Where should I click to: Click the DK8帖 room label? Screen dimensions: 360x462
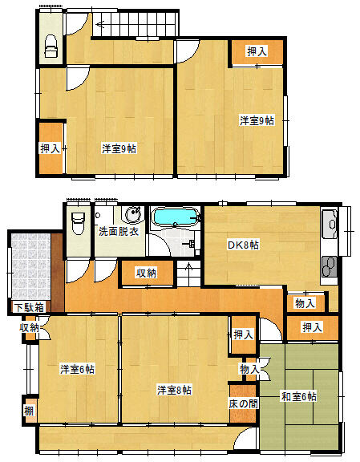[243, 245]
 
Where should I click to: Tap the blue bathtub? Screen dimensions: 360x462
[176, 217]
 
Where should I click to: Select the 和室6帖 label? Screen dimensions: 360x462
[299, 396]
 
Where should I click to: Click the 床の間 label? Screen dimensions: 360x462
[243, 403]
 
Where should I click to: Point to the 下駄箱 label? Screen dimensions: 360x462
[30, 307]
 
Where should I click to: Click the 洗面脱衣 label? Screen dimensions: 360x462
[119, 232]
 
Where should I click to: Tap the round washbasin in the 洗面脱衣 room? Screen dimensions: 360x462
[134, 213]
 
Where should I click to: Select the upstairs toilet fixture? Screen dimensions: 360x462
[51, 46]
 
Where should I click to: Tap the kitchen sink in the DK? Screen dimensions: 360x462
[330, 225]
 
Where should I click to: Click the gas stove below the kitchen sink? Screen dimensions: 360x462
[330, 266]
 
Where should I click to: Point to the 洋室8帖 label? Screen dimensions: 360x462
[174, 390]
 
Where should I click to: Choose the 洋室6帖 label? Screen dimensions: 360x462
[77, 369]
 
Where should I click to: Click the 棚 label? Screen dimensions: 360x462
[29, 411]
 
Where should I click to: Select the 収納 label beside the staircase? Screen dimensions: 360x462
[147, 273]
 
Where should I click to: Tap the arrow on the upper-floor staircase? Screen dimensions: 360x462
[101, 25]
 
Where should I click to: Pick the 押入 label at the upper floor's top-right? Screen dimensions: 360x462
[257, 51]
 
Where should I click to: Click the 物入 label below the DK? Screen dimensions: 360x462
[305, 303]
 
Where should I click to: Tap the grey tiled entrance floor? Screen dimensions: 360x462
[31, 266]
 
